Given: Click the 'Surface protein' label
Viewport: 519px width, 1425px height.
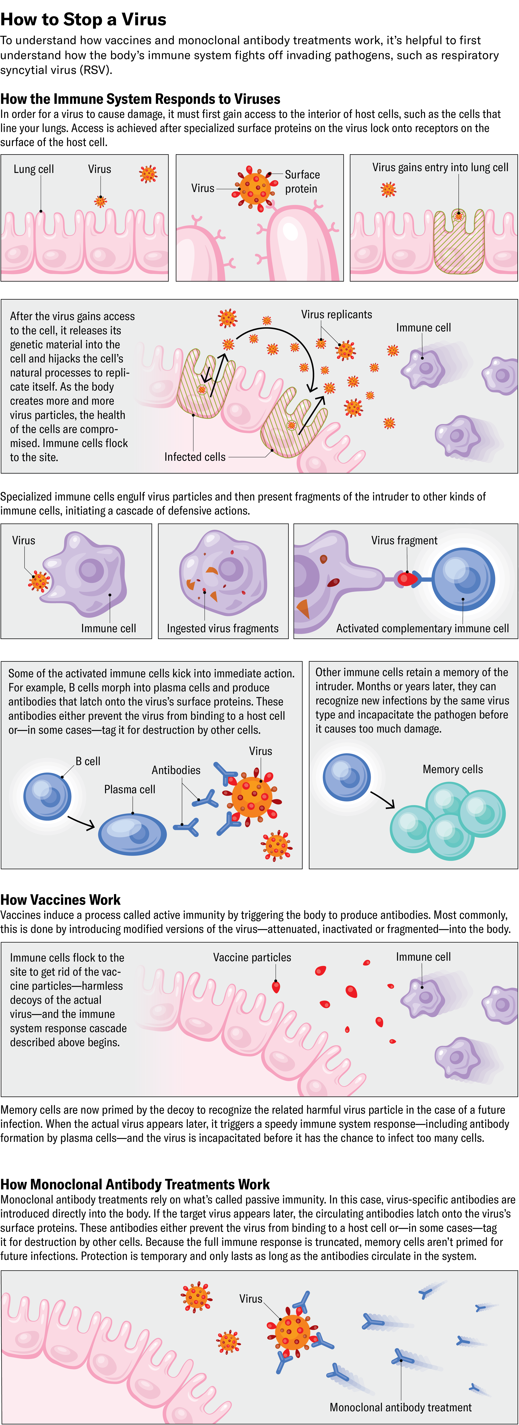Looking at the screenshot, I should point(302,181).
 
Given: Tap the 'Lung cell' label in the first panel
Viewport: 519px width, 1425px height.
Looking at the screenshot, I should point(34,169).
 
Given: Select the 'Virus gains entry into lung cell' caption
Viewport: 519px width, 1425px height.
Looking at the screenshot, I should point(440,168).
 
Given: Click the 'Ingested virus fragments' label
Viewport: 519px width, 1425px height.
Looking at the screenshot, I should point(223,628).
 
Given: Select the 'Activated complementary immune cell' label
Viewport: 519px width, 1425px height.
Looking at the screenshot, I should point(422,628).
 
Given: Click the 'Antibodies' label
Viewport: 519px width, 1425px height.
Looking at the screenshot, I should point(176,770).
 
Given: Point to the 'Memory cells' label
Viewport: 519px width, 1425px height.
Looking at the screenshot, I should point(453,769).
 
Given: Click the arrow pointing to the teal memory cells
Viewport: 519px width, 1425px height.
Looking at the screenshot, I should point(383,799).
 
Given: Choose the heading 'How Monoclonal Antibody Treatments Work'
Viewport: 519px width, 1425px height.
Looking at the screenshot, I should point(135,1184).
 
